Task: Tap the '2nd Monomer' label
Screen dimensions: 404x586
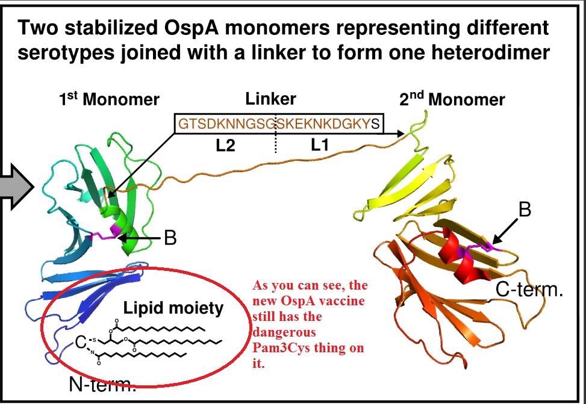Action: pyautogui.click(x=452, y=99)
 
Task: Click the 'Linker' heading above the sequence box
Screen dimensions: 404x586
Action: pyautogui.click(x=270, y=99)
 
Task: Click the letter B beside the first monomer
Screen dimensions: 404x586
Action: pyautogui.click(x=170, y=238)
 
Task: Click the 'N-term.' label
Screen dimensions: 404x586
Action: pyautogui.click(x=101, y=384)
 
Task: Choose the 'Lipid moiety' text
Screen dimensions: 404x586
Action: pyautogui.click(x=173, y=309)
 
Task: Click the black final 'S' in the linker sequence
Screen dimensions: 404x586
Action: pyautogui.click(x=376, y=124)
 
